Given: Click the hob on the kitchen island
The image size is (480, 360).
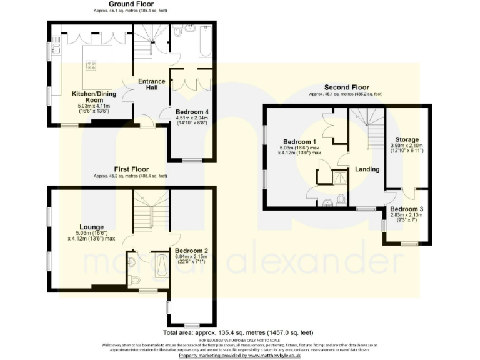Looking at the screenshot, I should click(x=91, y=63).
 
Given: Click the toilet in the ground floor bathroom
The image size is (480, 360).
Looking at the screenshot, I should click(x=177, y=31).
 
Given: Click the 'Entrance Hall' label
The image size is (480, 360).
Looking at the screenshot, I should click(x=152, y=84).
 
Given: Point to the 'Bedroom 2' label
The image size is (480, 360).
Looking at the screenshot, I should click(x=191, y=251).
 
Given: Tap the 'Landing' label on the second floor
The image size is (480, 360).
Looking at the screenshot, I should click(x=367, y=169).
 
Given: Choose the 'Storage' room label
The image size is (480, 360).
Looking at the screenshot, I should click(x=406, y=139).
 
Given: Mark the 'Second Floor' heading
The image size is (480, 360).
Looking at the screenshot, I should click(x=346, y=87).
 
